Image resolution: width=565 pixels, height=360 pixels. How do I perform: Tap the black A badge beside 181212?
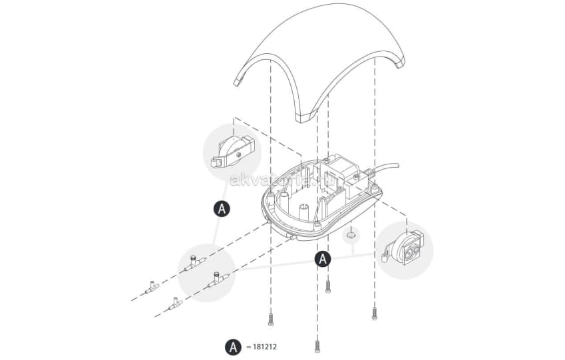(x=232, y=347)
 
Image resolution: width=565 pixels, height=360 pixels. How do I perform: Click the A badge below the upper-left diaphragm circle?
(x=222, y=208)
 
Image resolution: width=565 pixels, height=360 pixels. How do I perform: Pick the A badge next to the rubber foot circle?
(x=323, y=258)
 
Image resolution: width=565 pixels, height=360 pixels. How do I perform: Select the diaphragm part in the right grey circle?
(x=404, y=250)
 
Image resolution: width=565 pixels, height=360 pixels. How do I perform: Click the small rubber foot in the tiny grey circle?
(x=351, y=235)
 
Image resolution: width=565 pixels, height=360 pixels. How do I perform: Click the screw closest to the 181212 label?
(x=317, y=346)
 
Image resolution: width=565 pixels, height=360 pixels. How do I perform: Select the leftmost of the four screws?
(x=271, y=319)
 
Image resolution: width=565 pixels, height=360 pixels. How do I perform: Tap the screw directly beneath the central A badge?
(x=328, y=287)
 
